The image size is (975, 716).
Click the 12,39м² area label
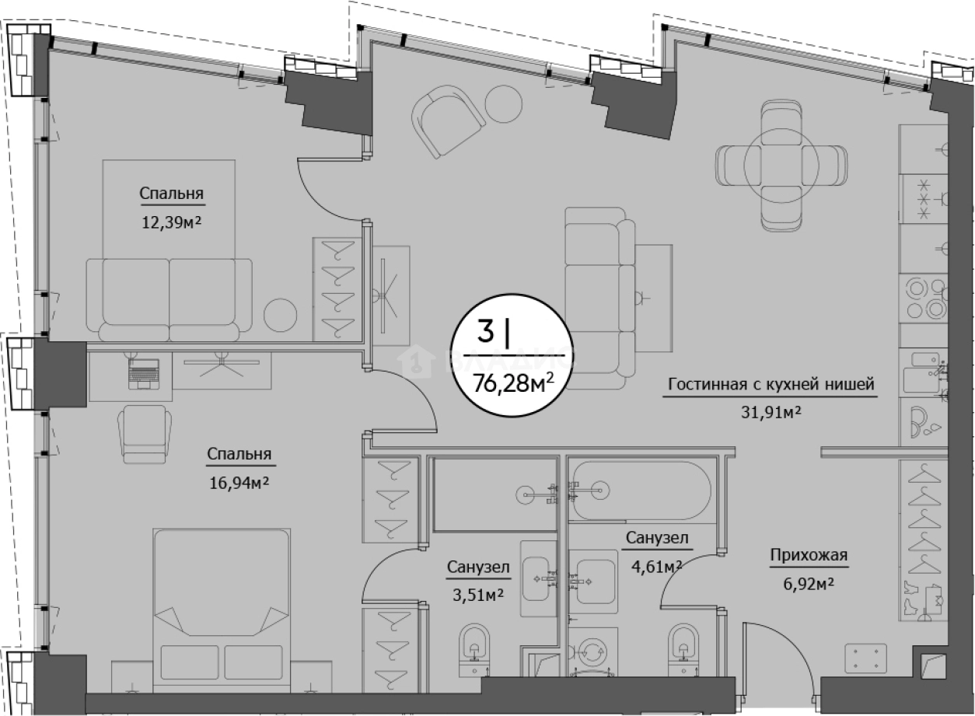click(172, 223)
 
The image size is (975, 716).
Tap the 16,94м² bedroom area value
click(239, 483)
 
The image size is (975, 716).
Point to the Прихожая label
click(809, 555)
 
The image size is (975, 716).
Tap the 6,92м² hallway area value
click(809, 583)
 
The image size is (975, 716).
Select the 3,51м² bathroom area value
click(478, 595)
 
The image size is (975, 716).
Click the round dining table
click(781, 166)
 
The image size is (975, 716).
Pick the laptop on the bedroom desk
click(144, 374)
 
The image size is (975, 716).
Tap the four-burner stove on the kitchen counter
click(926, 299)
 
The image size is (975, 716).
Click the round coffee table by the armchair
click(503, 104)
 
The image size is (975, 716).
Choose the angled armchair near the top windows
click(449, 120)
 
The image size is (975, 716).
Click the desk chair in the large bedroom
click(144, 434)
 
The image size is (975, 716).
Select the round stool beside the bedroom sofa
click(281, 316)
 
